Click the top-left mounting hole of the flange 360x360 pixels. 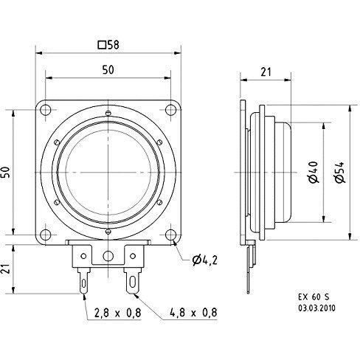[46, 109]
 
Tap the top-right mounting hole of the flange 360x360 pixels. [171, 109]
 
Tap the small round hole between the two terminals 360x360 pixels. [108, 256]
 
